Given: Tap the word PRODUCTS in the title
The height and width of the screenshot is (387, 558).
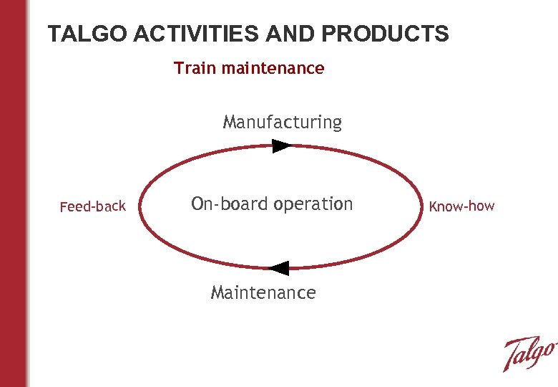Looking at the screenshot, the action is (386, 34).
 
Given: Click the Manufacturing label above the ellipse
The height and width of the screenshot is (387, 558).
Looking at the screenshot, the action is (283, 123).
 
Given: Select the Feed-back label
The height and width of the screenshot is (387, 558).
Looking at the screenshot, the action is (93, 206).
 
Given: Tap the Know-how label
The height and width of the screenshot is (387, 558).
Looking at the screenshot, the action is (461, 206).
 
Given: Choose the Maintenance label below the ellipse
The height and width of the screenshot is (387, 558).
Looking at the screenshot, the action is (263, 292).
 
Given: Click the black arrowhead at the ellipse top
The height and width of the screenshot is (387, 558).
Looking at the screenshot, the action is (282, 146).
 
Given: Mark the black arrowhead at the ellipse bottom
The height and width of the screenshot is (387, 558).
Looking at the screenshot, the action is (278, 269).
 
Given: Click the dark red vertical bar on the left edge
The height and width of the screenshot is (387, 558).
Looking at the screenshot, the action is (14, 193).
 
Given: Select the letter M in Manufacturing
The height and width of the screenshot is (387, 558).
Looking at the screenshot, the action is (230, 123).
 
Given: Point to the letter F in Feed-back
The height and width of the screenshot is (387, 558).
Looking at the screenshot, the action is (63, 207).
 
